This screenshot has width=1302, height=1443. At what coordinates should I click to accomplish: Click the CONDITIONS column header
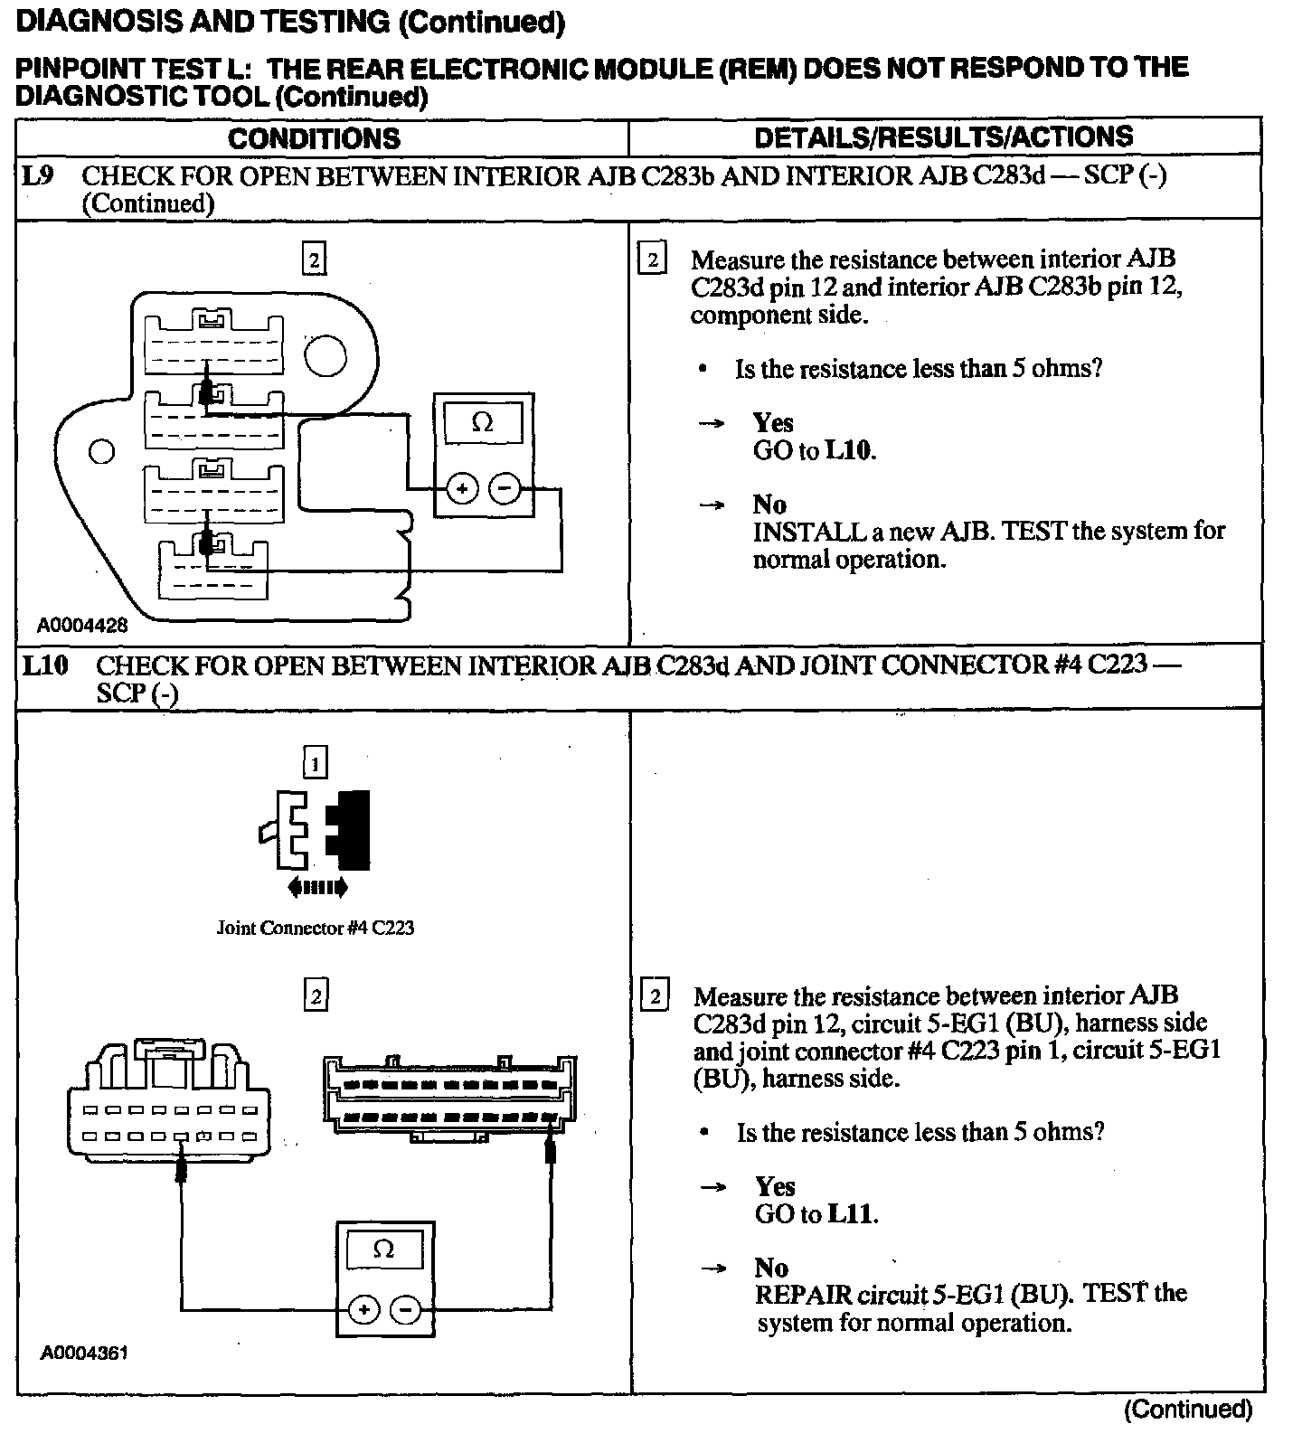point(314,138)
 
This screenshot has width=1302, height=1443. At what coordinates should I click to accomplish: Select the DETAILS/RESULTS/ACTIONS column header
point(943,137)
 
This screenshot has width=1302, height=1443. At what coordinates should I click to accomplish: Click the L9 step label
point(38,175)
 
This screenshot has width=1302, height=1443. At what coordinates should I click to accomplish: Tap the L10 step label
point(45,665)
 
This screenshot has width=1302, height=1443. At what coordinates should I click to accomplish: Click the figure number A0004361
point(84,1353)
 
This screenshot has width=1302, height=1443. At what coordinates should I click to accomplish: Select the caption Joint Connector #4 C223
point(315,928)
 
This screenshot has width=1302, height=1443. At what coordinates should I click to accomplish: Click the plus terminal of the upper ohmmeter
point(461,489)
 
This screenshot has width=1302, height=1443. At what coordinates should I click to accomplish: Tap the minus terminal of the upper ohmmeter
point(505,489)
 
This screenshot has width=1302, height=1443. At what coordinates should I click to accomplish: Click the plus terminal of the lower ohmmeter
point(363,1309)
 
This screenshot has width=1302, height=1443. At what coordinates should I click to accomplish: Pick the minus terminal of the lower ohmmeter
point(406,1309)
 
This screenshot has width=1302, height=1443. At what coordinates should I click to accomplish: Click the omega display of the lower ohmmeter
point(384,1250)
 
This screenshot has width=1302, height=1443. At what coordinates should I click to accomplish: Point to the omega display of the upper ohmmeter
point(483,422)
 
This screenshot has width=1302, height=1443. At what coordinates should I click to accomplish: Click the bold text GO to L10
point(814,450)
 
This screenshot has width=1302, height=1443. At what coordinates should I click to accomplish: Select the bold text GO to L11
point(816,1213)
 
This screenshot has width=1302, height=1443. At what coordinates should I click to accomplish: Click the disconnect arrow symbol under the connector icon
point(317,888)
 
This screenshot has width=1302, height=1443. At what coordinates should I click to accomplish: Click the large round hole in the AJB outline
point(325,356)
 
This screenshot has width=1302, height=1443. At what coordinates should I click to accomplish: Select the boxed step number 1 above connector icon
point(315,764)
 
